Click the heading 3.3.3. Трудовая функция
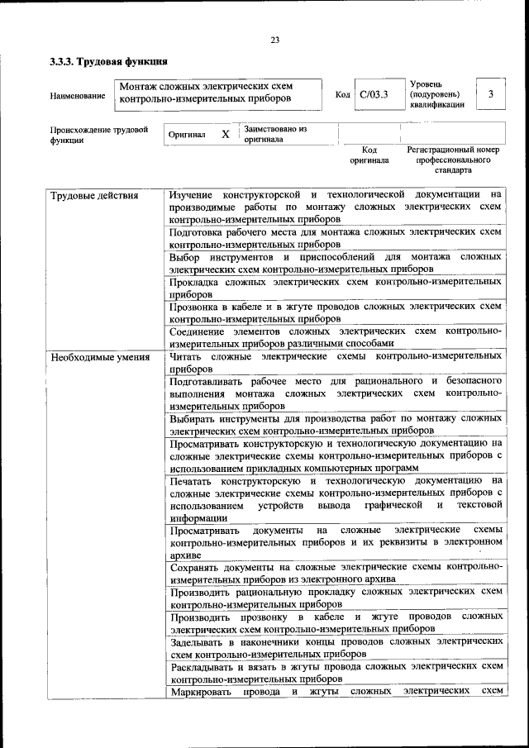click(109, 61)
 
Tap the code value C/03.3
click(374, 95)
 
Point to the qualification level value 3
click(491, 95)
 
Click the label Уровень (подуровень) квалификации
click(436, 95)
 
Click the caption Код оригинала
click(369, 155)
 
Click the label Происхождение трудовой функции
click(98, 135)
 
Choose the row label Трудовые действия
click(94, 196)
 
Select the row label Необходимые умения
click(99, 358)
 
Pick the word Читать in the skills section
click(186, 358)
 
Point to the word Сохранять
click(195, 568)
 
